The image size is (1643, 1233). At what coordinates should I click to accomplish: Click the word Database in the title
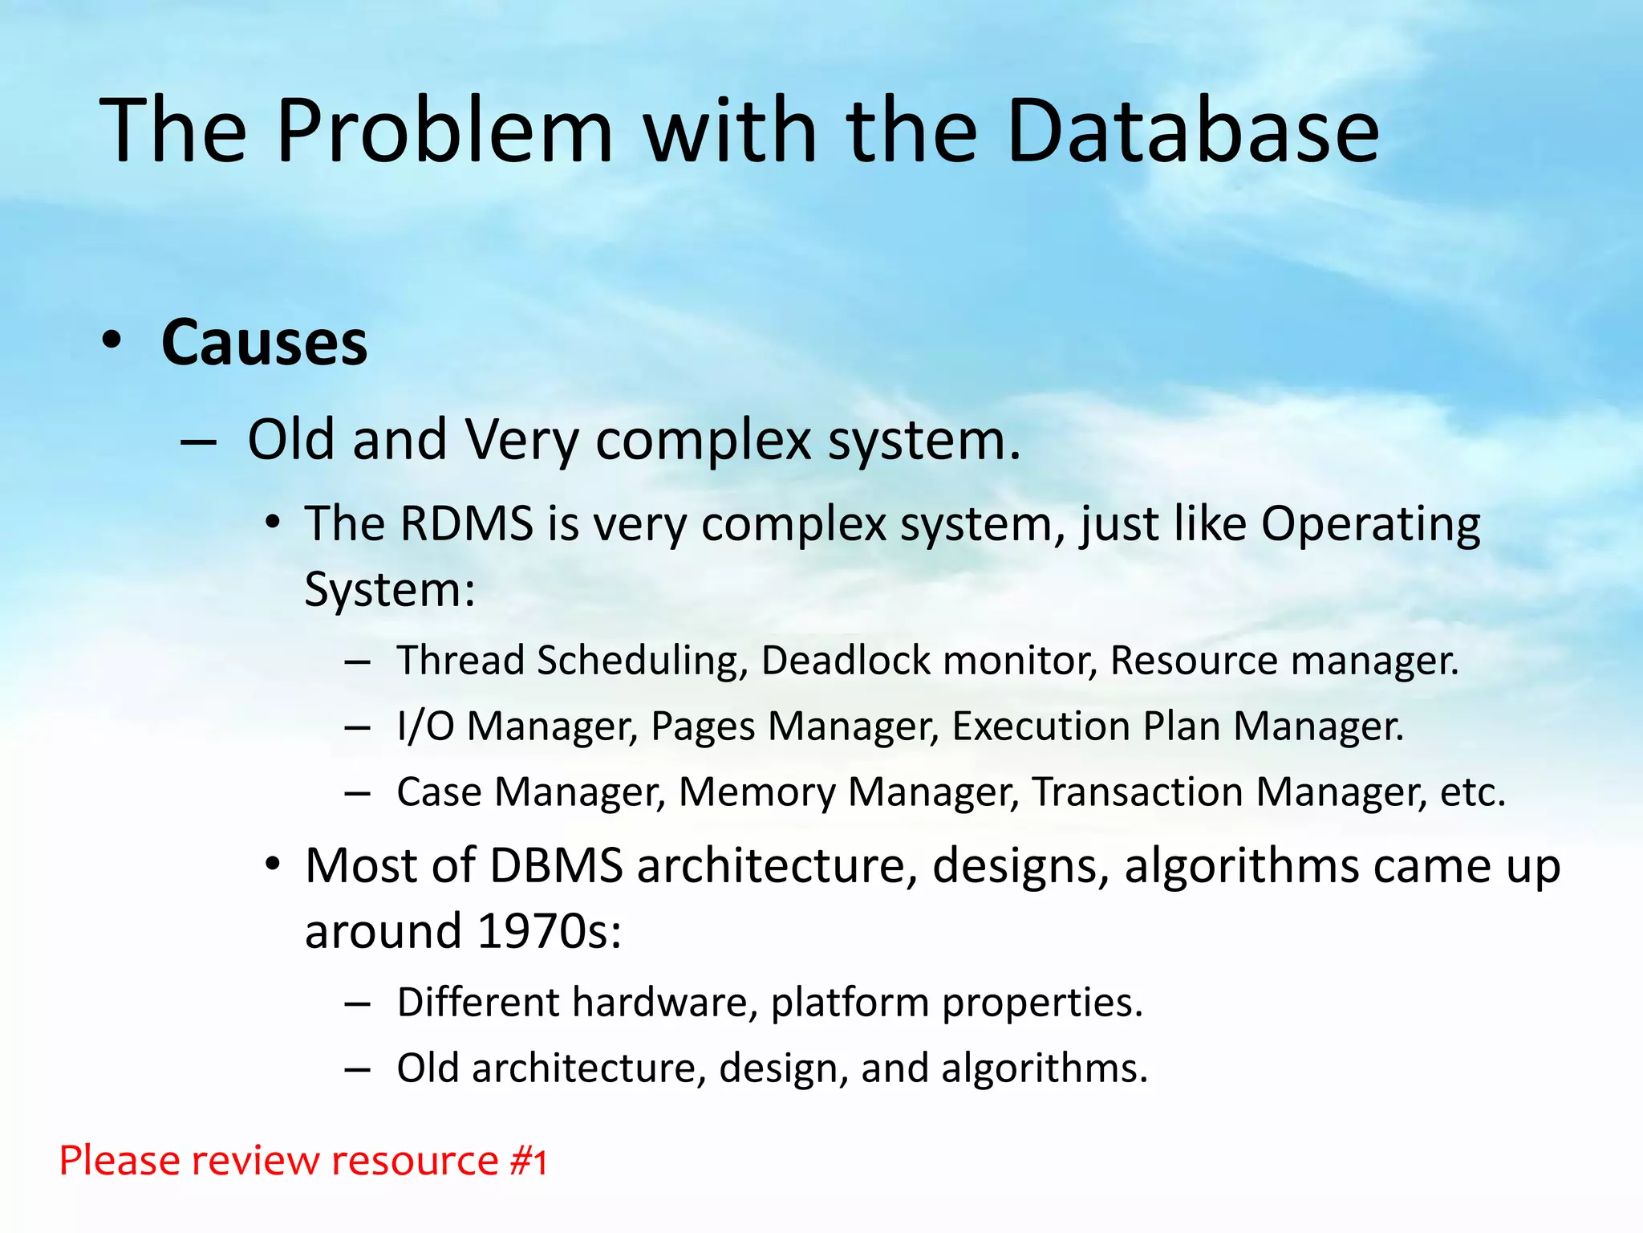coord(1192,131)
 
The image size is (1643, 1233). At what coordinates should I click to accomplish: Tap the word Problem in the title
coord(444,131)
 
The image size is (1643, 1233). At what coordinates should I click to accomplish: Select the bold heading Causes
coord(264,343)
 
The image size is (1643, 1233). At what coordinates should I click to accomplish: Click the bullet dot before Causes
coord(112,340)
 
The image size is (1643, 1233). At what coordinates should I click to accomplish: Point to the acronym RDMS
coord(466,524)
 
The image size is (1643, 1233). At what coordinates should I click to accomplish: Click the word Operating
coord(1370,524)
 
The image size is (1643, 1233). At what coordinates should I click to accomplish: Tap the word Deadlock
coord(845,661)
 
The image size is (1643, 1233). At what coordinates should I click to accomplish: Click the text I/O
coord(425,726)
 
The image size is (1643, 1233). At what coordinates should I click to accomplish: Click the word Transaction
coord(1137,792)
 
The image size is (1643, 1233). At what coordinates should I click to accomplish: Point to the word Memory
coord(757,792)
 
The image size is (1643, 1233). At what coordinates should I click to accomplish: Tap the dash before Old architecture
coord(357,1069)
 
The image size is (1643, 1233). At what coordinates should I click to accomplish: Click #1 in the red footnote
coord(529,1162)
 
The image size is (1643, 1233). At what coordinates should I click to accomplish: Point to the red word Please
coord(117,1162)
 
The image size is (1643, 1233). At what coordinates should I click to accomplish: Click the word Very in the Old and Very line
coord(521,441)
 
